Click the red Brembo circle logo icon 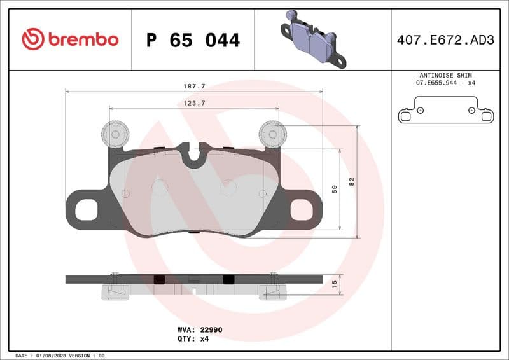pyautogui.click(x=33, y=39)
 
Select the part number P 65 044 pyautogui.click(x=193, y=40)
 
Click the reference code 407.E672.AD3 pyautogui.click(x=445, y=40)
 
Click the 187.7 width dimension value pyautogui.click(x=193, y=86)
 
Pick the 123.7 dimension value pyautogui.click(x=193, y=102)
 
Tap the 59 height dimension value pyautogui.click(x=335, y=189)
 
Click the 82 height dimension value pyautogui.click(x=351, y=181)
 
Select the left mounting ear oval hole pyautogui.click(x=87, y=209)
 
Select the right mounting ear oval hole pyautogui.click(x=301, y=209)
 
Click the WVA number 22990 pyautogui.click(x=211, y=330)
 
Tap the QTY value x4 pyautogui.click(x=204, y=339)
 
